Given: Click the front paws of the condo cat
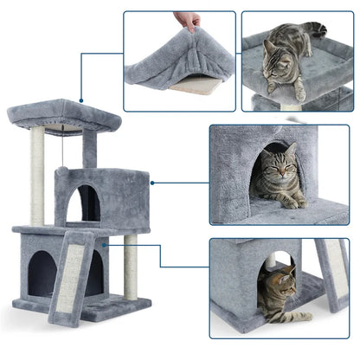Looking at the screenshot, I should point(290,202).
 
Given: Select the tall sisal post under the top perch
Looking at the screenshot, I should point(38,173).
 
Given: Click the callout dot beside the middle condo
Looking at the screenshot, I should point(152,183).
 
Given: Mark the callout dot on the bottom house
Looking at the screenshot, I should point(104,245).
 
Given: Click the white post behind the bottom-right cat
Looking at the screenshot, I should point(271,260).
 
